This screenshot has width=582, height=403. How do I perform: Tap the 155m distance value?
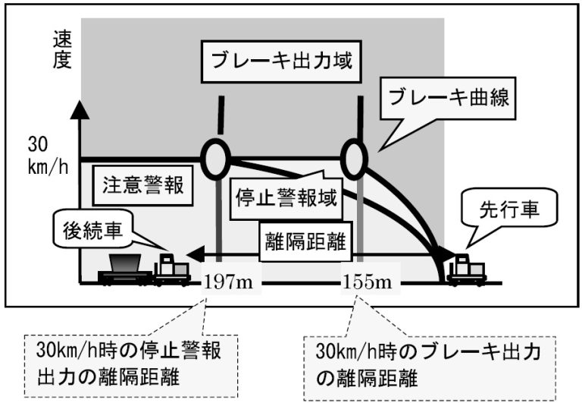point(367,283)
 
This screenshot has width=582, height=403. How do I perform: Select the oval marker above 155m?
point(354,157)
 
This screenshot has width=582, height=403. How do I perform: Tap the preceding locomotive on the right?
point(465,269)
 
